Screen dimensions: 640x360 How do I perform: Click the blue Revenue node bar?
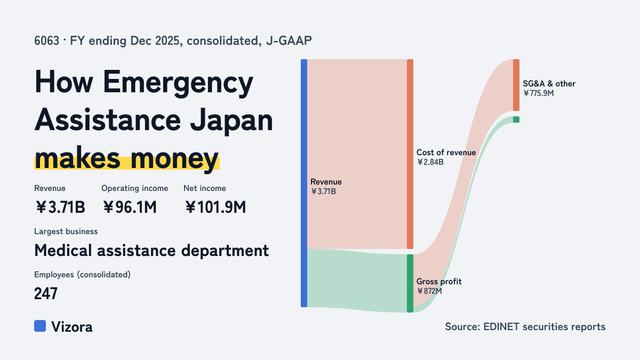(x=304, y=183)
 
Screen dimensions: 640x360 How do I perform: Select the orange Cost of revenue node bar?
(x=410, y=154)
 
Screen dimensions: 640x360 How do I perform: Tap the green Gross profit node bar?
(x=410, y=283)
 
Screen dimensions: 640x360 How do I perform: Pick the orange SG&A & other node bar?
(x=516, y=85)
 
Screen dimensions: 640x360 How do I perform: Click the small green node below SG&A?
(x=516, y=119)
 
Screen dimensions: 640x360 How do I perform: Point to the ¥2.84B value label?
(x=430, y=162)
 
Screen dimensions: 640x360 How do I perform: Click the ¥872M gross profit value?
(x=429, y=291)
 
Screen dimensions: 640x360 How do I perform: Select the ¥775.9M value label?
(x=539, y=93)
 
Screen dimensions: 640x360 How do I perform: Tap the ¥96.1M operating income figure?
(x=130, y=207)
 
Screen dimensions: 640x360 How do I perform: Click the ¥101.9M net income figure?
(x=215, y=207)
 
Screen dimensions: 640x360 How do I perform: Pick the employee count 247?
(x=46, y=293)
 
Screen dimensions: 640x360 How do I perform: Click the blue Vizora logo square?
(x=40, y=326)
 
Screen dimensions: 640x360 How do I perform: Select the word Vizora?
(x=72, y=327)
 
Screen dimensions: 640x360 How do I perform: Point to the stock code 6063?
(x=46, y=41)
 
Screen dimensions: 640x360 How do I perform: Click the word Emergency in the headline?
(x=178, y=82)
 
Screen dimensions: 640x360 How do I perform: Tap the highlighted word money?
(x=175, y=159)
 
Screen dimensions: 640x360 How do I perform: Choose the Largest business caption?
(x=66, y=231)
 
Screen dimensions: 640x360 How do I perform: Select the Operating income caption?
(x=135, y=188)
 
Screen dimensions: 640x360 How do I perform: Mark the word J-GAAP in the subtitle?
(x=289, y=41)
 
